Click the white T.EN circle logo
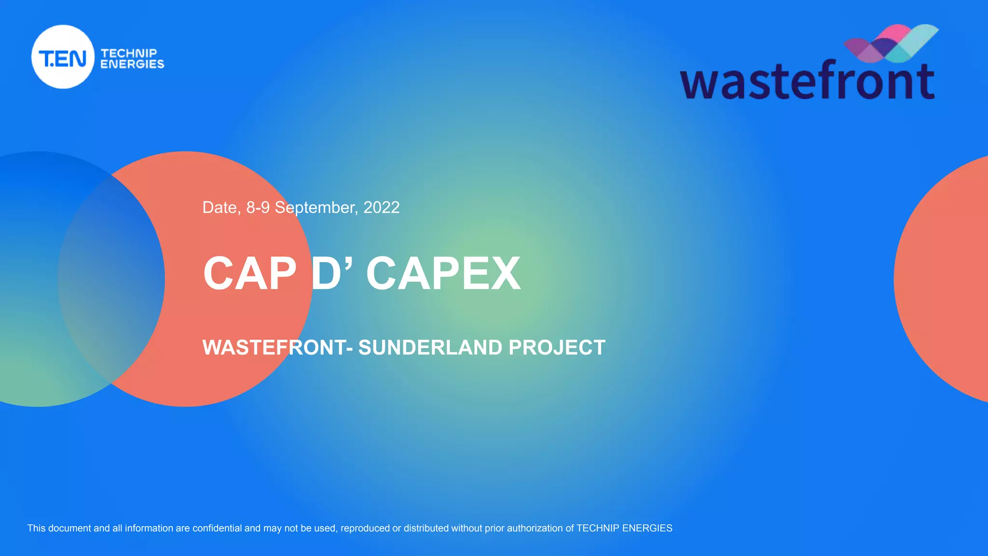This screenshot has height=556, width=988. pos(63,57)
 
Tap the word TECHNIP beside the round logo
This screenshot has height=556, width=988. pos(129,53)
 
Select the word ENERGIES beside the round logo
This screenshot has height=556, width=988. pos(132,64)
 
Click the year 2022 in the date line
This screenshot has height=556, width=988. pos(381,208)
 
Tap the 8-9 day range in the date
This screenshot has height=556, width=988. pos(258,208)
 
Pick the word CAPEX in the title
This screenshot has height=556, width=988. pos(443,274)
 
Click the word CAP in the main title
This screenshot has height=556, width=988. pos(250,274)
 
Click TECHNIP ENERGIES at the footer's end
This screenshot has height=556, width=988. pos(624,528)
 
